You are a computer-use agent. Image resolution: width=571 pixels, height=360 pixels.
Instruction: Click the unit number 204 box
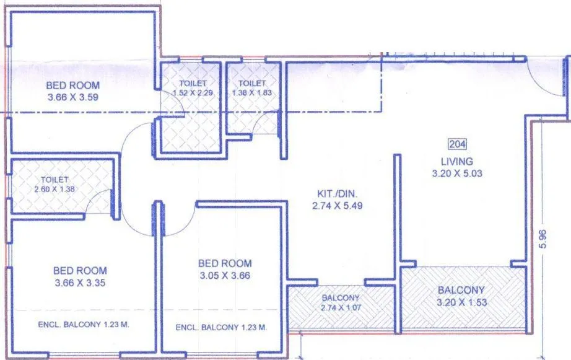pyautogui.click(x=456, y=145)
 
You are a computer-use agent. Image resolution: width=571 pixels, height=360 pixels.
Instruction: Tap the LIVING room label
pyautogui.click(x=456, y=162)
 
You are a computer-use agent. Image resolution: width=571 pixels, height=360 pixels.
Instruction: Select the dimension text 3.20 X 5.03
pyautogui.click(x=456, y=174)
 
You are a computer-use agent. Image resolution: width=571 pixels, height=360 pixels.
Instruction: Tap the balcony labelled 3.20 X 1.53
pyautogui.click(x=461, y=296)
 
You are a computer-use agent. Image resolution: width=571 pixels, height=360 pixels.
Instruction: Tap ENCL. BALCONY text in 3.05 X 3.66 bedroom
pyautogui.click(x=221, y=327)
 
